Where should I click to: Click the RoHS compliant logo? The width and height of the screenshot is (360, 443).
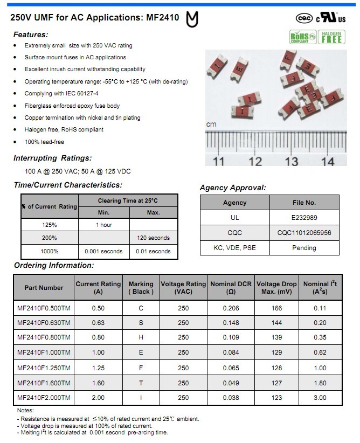coord(303,37)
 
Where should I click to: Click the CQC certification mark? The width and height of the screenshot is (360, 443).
coord(304,18)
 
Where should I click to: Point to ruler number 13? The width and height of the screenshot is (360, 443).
coord(292,161)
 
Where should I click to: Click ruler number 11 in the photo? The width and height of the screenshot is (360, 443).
coord(218,161)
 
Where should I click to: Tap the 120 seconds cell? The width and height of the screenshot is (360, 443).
coord(154,238)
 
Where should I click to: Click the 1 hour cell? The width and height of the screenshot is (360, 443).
coord(104,225)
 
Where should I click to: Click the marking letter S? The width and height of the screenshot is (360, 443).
coord(141,323)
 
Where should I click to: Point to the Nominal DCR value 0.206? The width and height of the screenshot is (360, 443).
coord(231,308)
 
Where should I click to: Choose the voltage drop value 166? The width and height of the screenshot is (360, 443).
coord(276,308)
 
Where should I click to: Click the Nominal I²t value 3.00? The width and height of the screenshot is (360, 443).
coord(320,398)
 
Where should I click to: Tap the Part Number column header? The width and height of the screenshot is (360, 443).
coord(44,288)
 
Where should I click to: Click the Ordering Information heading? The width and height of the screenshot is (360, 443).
coord(54,265)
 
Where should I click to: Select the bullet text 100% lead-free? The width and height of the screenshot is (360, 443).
coord(44,142)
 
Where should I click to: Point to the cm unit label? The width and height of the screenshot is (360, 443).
coord(211,124)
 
